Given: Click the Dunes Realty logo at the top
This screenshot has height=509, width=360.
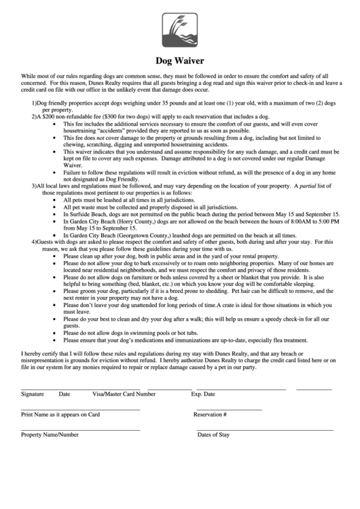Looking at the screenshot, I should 180,30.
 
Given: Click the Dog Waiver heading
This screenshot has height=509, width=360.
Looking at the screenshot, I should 180,60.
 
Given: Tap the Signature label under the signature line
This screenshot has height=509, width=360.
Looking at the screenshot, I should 33,394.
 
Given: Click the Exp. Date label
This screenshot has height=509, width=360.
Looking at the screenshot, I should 203,394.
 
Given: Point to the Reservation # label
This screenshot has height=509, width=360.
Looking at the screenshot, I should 210,415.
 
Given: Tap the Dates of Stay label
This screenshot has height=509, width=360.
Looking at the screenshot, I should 213,435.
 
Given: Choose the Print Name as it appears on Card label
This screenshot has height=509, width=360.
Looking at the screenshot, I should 60,415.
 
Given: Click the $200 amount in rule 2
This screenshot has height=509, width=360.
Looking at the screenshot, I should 52,117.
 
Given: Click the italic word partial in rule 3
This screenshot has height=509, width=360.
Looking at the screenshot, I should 309,185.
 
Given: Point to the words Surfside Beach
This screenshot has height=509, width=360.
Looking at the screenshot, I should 86,213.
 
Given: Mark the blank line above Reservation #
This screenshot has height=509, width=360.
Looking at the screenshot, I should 229,409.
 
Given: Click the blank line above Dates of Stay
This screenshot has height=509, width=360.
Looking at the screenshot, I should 265,429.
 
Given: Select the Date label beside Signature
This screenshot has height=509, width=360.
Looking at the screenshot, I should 65,394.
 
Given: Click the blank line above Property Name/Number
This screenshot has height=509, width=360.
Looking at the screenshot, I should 81,429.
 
